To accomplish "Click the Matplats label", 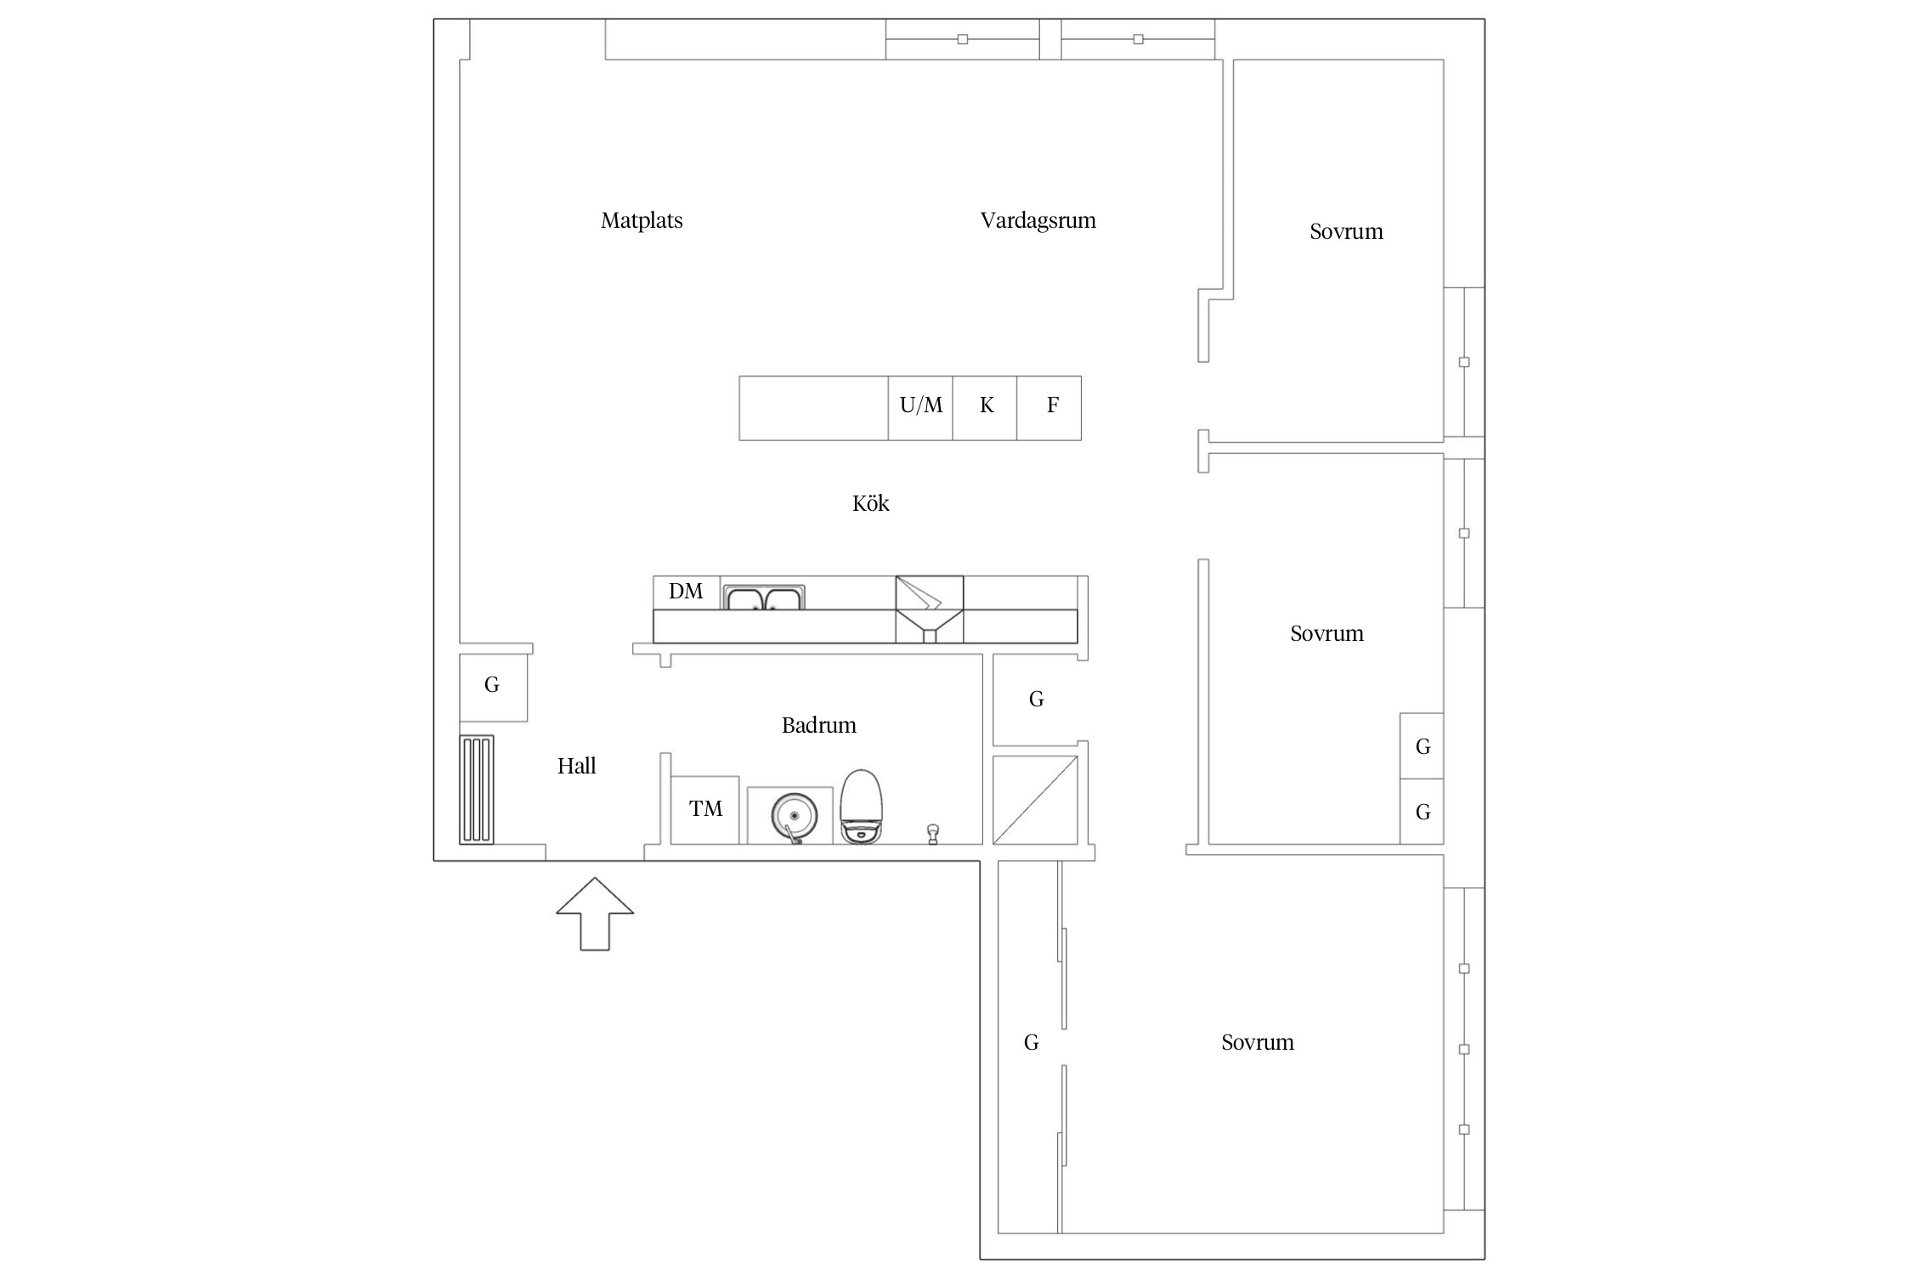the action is tap(642, 221).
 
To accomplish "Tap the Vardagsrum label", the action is tap(1038, 221).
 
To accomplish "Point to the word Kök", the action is tap(870, 503).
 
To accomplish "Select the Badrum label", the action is tap(818, 725).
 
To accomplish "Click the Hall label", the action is tap(576, 766).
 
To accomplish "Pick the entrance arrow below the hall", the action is tap(595, 914).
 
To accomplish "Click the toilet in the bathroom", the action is tap(862, 807).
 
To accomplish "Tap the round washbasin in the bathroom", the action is tap(795, 816).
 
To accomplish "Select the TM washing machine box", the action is tap(704, 810).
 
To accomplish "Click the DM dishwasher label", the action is tap(686, 592).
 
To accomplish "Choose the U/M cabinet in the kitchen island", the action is tap(920, 408).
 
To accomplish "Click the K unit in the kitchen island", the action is tap(985, 408).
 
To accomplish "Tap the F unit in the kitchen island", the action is tap(1049, 408).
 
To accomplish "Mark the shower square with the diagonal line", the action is tap(1035, 800).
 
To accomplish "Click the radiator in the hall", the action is tap(476, 790).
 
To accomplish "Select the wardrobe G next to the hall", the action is tap(493, 688).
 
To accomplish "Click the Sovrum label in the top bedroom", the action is tap(1346, 232).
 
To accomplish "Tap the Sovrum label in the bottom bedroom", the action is tap(1258, 1043).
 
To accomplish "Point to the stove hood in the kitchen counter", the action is tap(930, 609).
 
